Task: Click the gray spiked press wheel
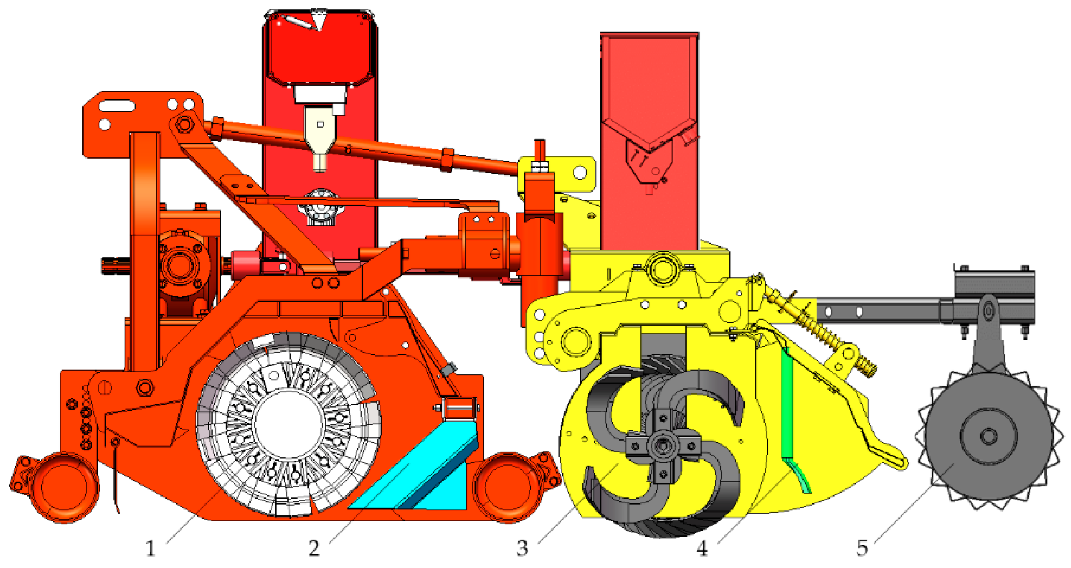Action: click(x=989, y=436)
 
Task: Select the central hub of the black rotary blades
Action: click(x=663, y=446)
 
